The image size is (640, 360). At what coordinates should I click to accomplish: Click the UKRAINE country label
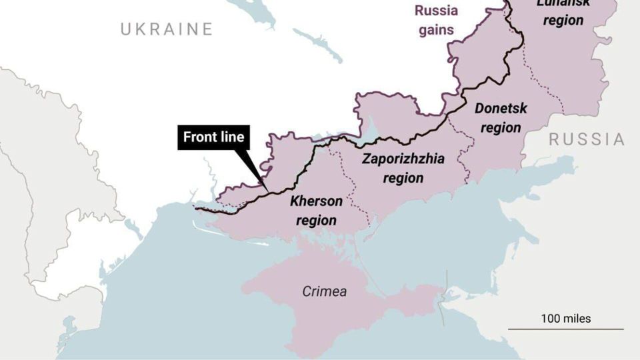pos(167,29)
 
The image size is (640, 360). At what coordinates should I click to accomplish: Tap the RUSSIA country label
pos(587,139)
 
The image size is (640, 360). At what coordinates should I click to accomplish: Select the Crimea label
pos(324,291)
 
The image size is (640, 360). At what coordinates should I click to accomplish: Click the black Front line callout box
pos(214,137)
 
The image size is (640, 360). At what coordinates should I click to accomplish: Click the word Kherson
pos(316,201)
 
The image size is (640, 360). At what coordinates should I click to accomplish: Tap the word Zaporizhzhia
pos(403,159)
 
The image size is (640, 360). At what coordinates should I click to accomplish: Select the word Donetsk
pos(501,108)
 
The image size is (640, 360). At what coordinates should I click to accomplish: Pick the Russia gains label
pos(436,20)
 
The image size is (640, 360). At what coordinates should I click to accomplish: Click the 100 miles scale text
pos(565,319)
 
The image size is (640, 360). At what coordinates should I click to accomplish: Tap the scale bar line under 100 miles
pos(565,329)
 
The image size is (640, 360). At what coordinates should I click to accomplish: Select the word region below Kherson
pos(316,221)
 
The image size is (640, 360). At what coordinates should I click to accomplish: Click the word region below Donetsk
pos(501,127)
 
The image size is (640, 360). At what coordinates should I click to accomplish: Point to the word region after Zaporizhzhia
pos(403,178)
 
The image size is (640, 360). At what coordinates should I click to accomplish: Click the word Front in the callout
pos(200,137)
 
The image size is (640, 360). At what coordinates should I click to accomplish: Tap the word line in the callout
pos(232,137)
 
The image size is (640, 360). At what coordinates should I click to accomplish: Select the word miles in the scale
pos(576,319)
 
